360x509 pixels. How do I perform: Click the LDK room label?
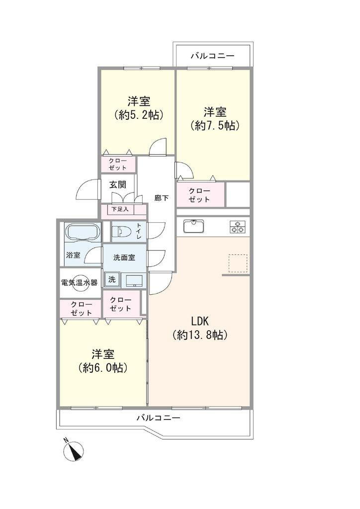click(x=199, y=322)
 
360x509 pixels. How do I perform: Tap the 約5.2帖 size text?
click(x=139, y=115)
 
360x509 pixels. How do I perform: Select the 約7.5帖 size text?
click(x=215, y=125)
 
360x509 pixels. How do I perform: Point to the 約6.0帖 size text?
click(x=102, y=367)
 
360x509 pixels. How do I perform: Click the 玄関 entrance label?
click(x=117, y=185)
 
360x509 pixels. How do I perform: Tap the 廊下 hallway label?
click(x=161, y=198)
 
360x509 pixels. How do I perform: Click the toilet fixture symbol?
click(x=121, y=232)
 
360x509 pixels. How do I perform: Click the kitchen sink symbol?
click(x=194, y=226)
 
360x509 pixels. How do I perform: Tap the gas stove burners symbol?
click(x=238, y=227)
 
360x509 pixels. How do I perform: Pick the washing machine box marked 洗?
click(x=112, y=279)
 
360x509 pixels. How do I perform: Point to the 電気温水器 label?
click(x=80, y=283)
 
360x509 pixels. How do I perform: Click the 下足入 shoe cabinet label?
click(x=120, y=209)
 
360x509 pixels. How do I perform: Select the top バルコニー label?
click(x=212, y=56)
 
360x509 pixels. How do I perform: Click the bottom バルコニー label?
click(x=158, y=418)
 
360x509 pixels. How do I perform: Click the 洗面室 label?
click(x=124, y=258)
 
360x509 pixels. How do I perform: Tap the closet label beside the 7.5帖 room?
click(x=199, y=195)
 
